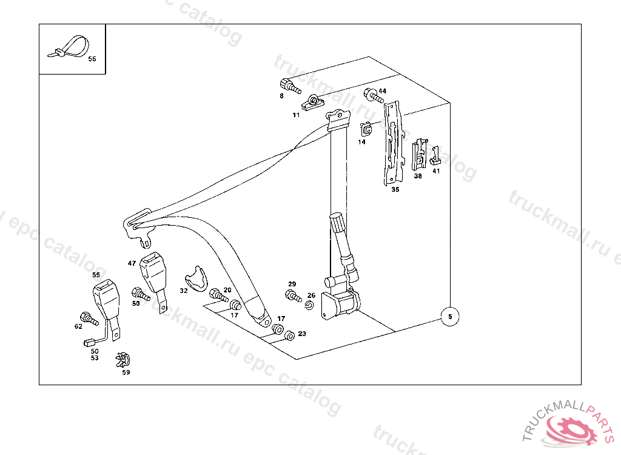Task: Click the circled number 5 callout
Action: click(x=450, y=317)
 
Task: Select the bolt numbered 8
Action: click(x=290, y=86)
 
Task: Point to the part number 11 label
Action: click(x=296, y=115)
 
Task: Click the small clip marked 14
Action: click(x=366, y=129)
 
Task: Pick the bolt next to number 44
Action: click(x=374, y=95)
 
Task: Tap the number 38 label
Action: click(x=418, y=176)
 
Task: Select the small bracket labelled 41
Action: click(x=435, y=156)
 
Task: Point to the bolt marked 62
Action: click(x=89, y=318)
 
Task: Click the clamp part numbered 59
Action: click(x=123, y=360)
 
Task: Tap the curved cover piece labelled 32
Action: click(x=196, y=278)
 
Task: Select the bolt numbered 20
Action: click(x=218, y=295)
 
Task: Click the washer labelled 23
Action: click(x=289, y=335)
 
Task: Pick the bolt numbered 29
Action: click(x=294, y=295)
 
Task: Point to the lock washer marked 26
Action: click(x=309, y=305)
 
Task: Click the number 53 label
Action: click(x=94, y=358)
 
